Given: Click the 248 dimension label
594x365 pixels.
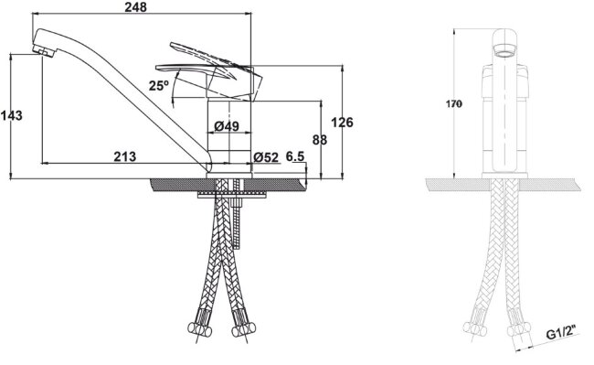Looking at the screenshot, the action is [135, 6].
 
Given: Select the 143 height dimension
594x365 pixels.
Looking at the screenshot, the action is [11, 115].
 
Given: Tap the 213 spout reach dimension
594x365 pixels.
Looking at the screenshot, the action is [125, 156].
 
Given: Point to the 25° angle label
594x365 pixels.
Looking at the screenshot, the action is [158, 86].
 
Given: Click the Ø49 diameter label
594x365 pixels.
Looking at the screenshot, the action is [227, 126].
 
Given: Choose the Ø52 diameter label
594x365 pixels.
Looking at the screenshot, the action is [266, 157].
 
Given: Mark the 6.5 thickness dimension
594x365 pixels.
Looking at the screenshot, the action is [295, 156].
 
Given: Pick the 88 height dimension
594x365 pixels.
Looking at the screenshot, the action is [320, 140].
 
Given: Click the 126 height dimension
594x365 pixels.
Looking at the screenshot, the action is [342, 122].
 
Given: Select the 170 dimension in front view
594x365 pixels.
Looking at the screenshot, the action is [454, 103].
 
